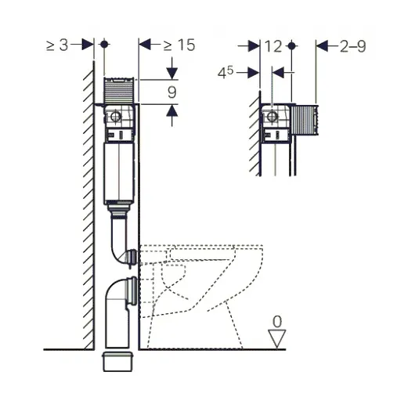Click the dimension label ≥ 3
pos(57,45)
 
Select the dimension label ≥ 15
pos(179,45)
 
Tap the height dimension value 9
pos(172,92)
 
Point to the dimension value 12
pos(273,46)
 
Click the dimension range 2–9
pos(353,46)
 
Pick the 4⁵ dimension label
pos(226,73)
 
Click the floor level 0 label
pos(277,322)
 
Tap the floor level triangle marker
pos(277,338)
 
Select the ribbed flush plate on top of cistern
pos(119,90)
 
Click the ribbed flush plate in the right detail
pos(305,120)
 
